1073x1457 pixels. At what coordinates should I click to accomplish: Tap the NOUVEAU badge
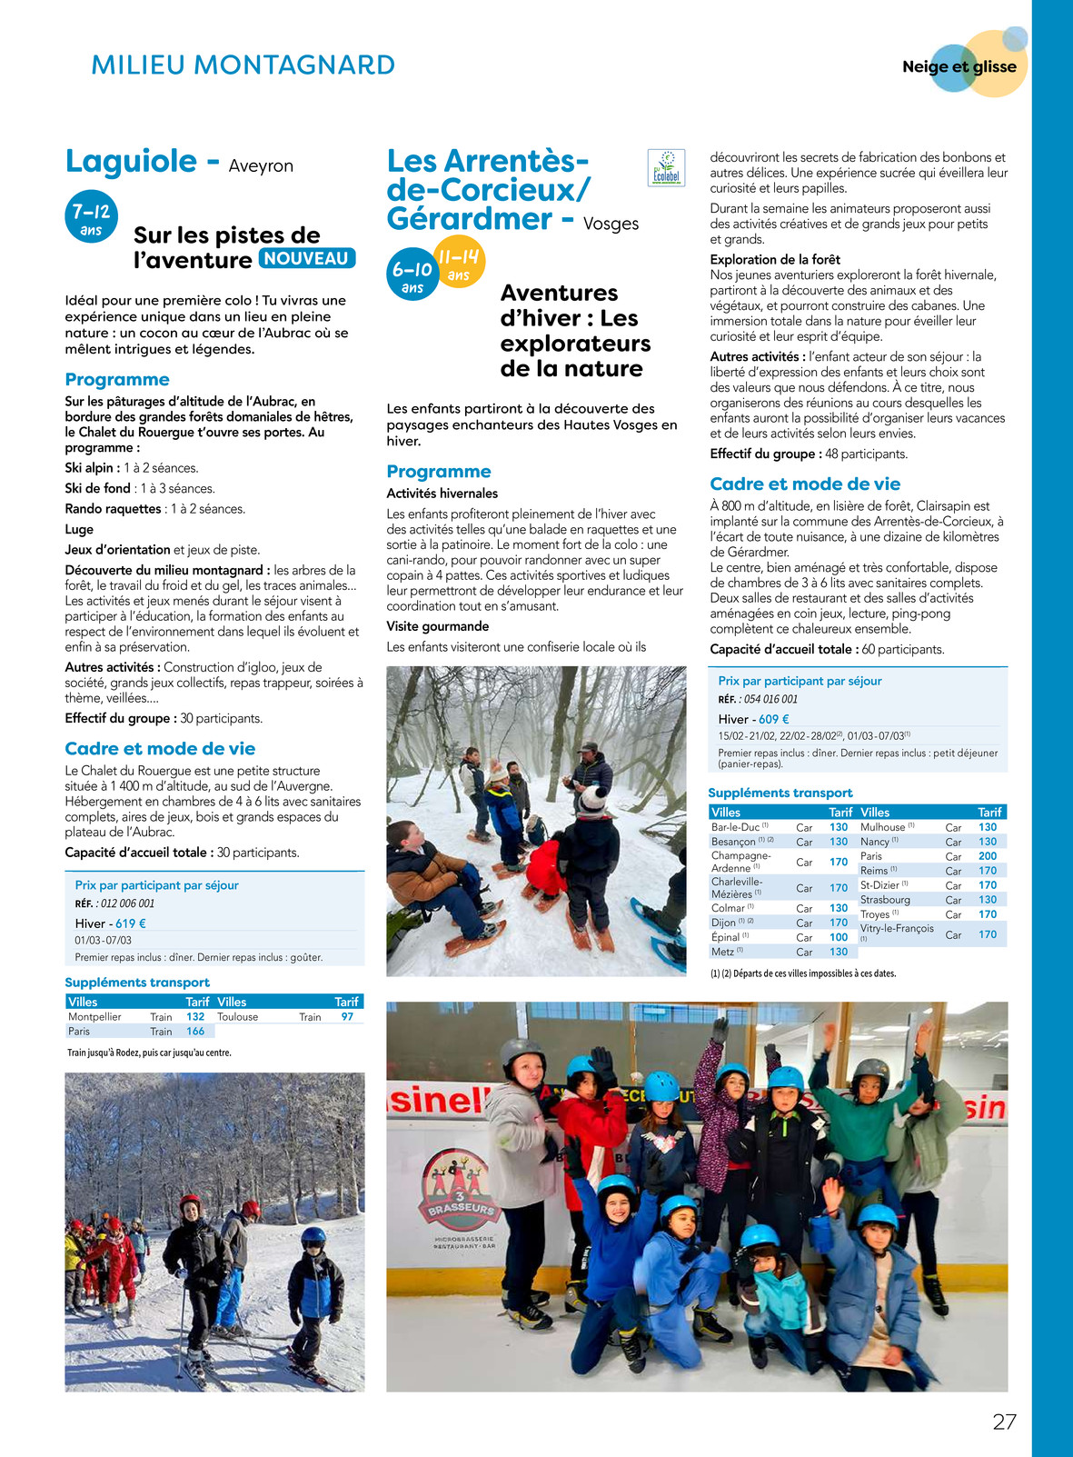tap(307, 258)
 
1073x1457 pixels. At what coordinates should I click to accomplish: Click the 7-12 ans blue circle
tap(91, 217)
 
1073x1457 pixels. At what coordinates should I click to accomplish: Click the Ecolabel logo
tap(666, 167)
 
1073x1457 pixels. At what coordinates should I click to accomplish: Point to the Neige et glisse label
tap(959, 66)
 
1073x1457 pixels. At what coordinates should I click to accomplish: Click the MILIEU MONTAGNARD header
tap(243, 65)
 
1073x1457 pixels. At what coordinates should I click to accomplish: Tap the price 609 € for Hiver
tap(774, 719)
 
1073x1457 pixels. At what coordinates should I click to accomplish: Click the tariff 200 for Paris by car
tap(988, 856)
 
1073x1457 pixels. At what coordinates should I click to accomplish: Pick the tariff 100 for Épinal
tap(839, 937)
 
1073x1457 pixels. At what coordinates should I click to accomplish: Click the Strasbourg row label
tap(885, 900)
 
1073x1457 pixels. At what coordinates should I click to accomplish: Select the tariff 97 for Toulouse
tap(347, 1017)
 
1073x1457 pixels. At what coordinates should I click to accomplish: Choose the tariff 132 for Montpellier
tap(195, 1017)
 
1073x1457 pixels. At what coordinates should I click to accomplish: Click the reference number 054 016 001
tap(770, 699)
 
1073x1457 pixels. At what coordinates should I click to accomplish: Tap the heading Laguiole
tap(131, 162)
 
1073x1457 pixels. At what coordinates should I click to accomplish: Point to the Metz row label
tap(723, 952)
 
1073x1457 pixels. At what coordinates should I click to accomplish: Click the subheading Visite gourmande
tap(438, 626)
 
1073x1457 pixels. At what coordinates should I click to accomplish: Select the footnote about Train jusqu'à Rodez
tap(150, 1053)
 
